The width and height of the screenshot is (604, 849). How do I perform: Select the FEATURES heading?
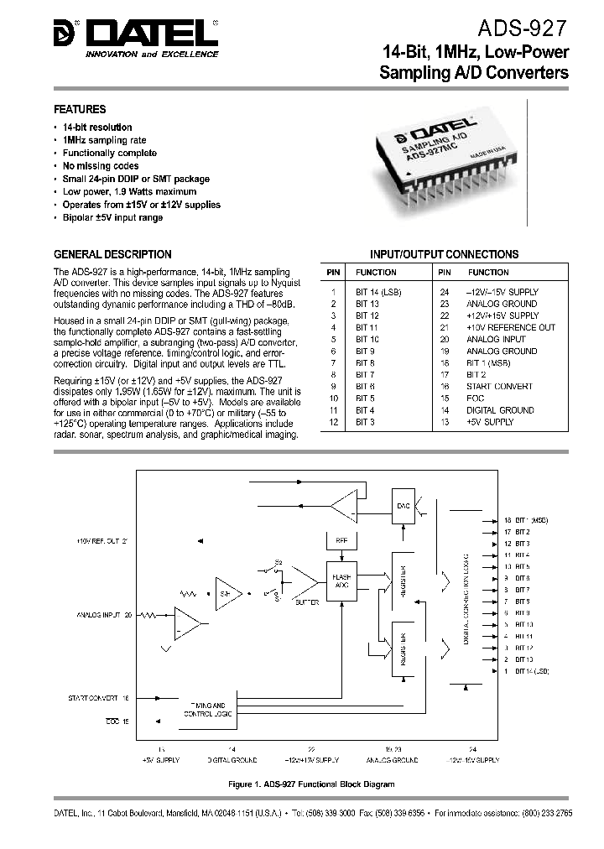(80, 109)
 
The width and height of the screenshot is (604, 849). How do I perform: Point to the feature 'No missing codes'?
(101, 166)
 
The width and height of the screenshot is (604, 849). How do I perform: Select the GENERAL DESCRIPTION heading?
(112, 254)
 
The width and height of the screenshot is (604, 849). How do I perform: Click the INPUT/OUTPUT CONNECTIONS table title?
(445, 254)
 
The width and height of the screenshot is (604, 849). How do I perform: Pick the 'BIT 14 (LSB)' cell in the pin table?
(380, 292)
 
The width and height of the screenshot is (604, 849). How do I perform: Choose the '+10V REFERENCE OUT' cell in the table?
(511, 327)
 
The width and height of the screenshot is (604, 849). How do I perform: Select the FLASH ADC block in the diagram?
(342, 580)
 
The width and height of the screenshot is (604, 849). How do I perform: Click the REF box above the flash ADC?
(341, 542)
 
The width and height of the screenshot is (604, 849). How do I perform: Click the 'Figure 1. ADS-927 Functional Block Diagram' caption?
(310, 784)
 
